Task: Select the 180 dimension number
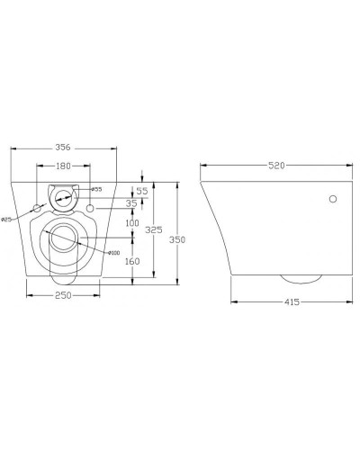(62, 166)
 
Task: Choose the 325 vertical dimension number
(155, 230)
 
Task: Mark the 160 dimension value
(132, 262)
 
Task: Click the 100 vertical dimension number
(131, 222)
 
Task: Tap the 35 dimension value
(131, 204)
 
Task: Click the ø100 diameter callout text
(113, 254)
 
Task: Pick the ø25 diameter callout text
(6, 219)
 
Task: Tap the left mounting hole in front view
(37, 209)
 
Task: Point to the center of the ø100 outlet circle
(62, 238)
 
